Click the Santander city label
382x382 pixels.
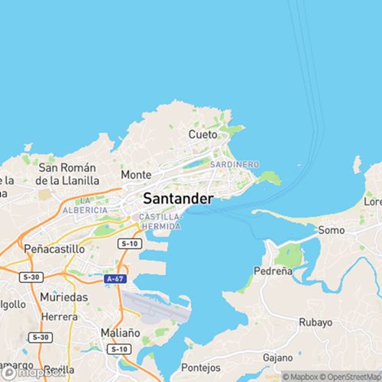pyautogui.click(x=177, y=198)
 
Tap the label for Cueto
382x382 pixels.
pyautogui.click(x=203, y=134)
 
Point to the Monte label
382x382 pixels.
pyautogui.click(x=136, y=174)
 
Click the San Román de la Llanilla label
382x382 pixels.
pyautogui.click(x=69, y=174)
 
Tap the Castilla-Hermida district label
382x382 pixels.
pyautogui.click(x=160, y=222)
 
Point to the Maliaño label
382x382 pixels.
pyautogui.click(x=119, y=332)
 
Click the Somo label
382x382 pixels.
pyautogui.click(x=331, y=230)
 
